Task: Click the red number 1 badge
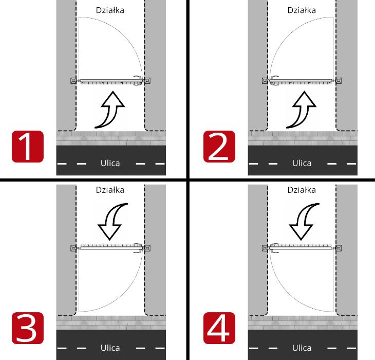pyautogui.click(x=28, y=147)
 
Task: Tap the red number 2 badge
pyautogui.click(x=219, y=147)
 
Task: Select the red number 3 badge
pyautogui.click(x=28, y=328)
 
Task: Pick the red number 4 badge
pyautogui.click(x=219, y=328)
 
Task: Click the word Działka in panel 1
pyautogui.click(x=110, y=10)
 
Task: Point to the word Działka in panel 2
pyautogui.click(x=302, y=10)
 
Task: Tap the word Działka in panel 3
pyautogui.click(x=110, y=190)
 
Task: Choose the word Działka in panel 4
pyautogui.click(x=302, y=190)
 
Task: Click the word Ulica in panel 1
pyautogui.click(x=110, y=163)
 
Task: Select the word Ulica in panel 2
pyautogui.click(x=302, y=163)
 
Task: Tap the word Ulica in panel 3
pyautogui.click(x=110, y=348)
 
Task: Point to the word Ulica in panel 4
pyautogui.click(x=302, y=348)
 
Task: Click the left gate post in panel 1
pyautogui.click(x=73, y=80)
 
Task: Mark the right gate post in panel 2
pyautogui.click(x=339, y=80)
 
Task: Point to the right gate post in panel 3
pyautogui.click(x=147, y=248)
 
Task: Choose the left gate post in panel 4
pyautogui.click(x=265, y=248)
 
